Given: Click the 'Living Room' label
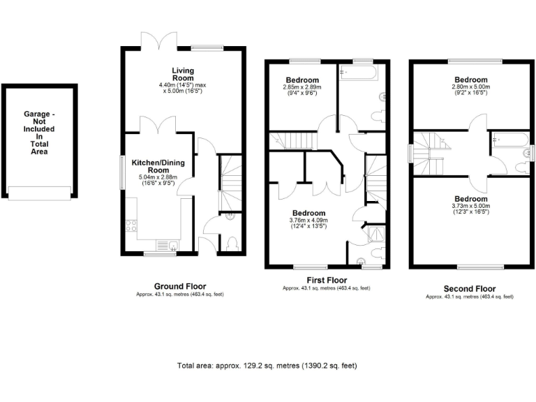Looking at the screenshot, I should coord(184,74).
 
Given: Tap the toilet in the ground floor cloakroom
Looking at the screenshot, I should coord(232,241).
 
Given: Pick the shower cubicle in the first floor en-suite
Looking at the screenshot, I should coord(375,233).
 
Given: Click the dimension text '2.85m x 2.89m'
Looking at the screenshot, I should coord(301,87).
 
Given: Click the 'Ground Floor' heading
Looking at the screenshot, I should coord(180,286).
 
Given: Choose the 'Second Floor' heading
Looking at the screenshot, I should coord(469,288).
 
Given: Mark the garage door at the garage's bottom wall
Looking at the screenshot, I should coord(39,195).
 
